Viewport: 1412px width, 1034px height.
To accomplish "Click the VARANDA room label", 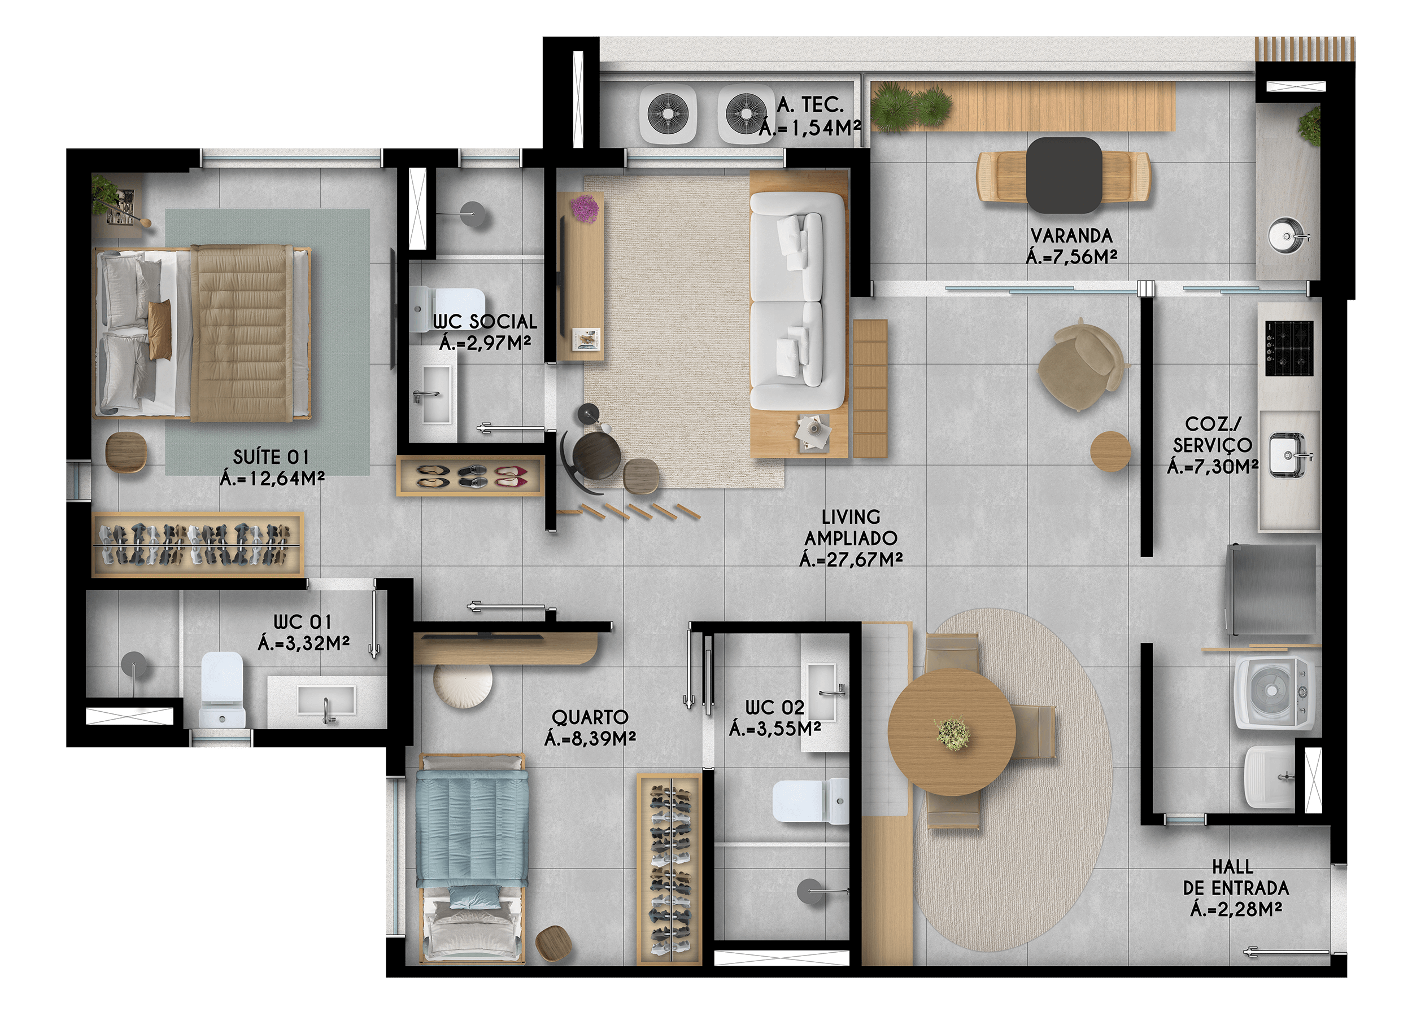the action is coord(1071,236).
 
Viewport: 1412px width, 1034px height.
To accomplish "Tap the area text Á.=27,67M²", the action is coord(851,559).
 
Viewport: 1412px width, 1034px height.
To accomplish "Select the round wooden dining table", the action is coord(951,731).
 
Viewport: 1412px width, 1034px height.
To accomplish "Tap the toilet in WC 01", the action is coord(223,689).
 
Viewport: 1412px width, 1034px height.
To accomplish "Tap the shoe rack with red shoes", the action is coord(469,476).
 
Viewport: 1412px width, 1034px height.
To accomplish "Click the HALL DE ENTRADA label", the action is coord(1236,888).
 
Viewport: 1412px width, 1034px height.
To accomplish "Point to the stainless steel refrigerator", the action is coord(1270,591).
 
